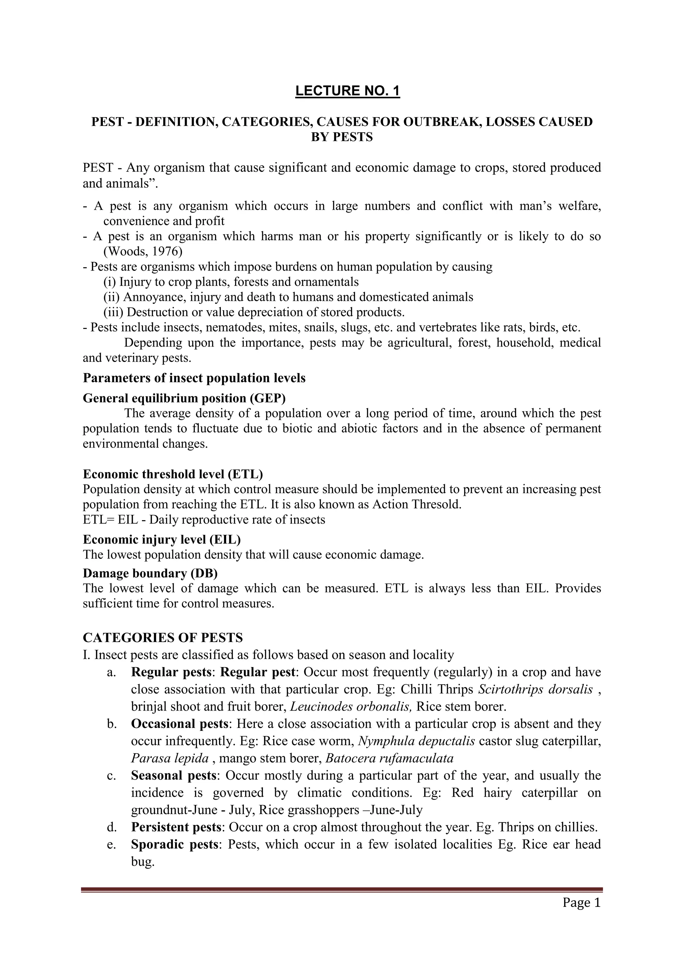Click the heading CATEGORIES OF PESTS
click(x=163, y=638)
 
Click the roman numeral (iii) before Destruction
click(x=113, y=312)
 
